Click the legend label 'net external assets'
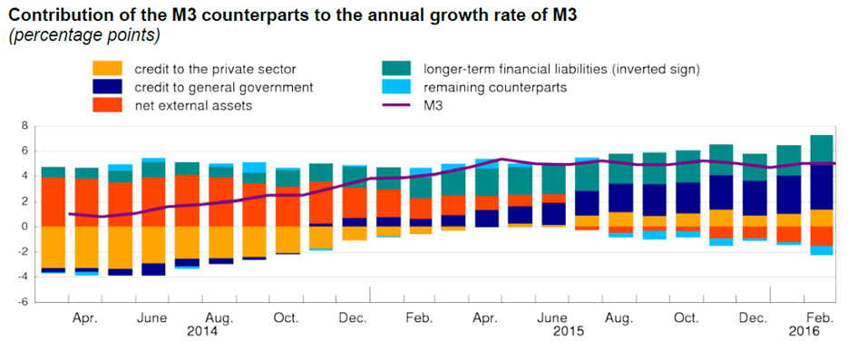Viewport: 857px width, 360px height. [193, 106]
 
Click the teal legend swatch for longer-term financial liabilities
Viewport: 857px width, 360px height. [398, 70]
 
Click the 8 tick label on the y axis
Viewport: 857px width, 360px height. [24, 126]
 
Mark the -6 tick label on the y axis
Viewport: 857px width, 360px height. [22, 302]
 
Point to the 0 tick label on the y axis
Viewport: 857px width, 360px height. [24, 227]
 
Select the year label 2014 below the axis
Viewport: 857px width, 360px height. [202, 332]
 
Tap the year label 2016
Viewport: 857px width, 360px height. [805, 332]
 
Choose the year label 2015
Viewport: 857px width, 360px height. [569, 332]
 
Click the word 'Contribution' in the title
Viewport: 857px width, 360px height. [50, 15]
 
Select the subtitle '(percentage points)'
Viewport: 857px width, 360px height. [84, 36]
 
